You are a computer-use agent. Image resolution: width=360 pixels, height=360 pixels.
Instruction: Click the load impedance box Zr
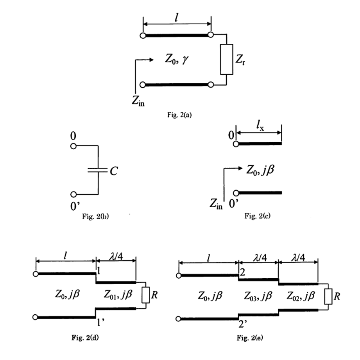tap(227, 59)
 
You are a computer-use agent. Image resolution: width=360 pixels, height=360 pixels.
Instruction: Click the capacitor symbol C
tap(98, 170)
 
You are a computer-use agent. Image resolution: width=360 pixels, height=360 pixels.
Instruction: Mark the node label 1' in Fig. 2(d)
tap(101, 323)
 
